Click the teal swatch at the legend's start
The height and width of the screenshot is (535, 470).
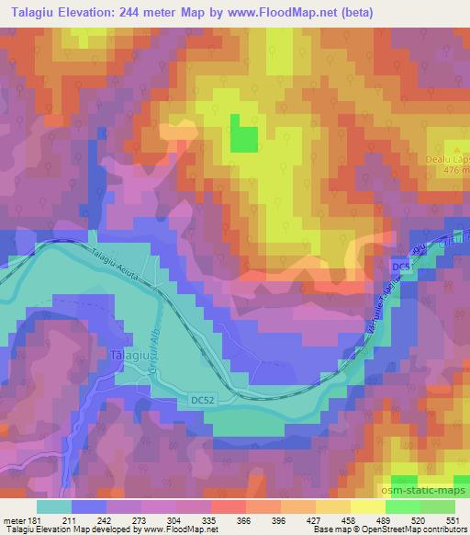coord(53,506)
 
